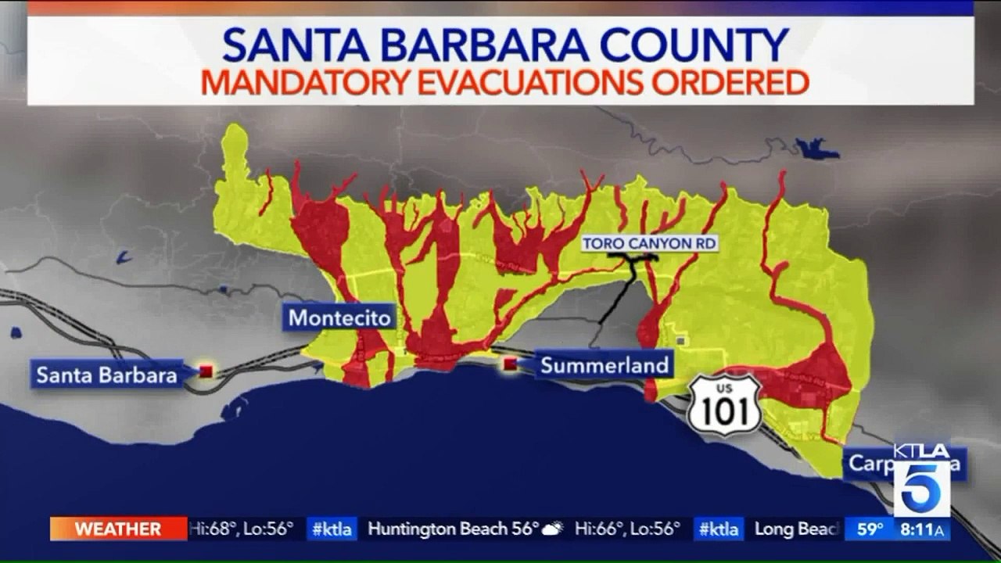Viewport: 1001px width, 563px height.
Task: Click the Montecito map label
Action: pyautogui.click(x=339, y=318)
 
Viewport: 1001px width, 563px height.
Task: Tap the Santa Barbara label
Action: pyautogui.click(x=107, y=375)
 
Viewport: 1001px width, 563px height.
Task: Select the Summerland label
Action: pyautogui.click(x=605, y=364)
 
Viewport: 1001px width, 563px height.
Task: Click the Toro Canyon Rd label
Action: pyautogui.click(x=649, y=244)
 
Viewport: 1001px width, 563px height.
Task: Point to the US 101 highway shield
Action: pyautogui.click(x=724, y=404)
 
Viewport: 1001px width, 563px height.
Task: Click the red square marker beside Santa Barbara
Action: pyautogui.click(x=206, y=371)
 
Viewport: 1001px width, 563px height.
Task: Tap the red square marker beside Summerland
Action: pyautogui.click(x=510, y=364)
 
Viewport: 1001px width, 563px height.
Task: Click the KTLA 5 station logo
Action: pyautogui.click(x=921, y=479)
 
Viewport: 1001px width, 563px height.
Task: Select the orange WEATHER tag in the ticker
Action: pyautogui.click(x=118, y=529)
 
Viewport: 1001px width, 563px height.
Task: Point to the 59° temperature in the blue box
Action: pyautogui.click(x=869, y=529)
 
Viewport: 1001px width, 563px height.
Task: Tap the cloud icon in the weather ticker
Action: pyautogui.click(x=553, y=529)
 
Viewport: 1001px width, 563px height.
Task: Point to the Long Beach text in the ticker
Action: pyautogui.click(x=797, y=529)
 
